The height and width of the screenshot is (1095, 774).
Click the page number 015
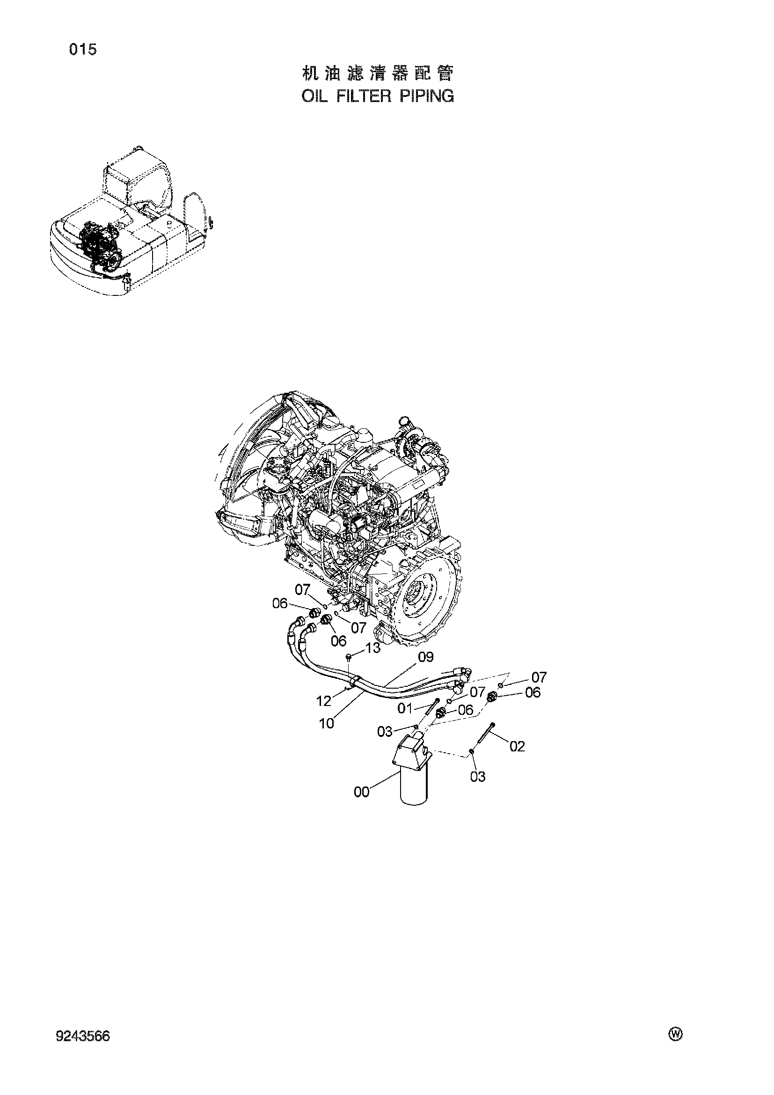point(83,49)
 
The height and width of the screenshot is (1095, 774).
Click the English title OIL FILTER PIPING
point(378,96)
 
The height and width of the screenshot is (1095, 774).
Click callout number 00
point(362,792)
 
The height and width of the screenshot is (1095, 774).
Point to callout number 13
point(373,647)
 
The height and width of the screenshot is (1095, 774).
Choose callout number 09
point(425,657)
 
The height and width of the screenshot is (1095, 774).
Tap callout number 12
point(324,702)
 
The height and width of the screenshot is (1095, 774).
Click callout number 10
point(327,723)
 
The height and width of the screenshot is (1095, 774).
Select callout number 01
point(405,709)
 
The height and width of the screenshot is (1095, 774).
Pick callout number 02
point(517,746)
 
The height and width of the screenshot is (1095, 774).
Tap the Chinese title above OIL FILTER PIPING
point(378,73)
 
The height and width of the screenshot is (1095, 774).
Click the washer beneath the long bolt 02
point(471,752)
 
